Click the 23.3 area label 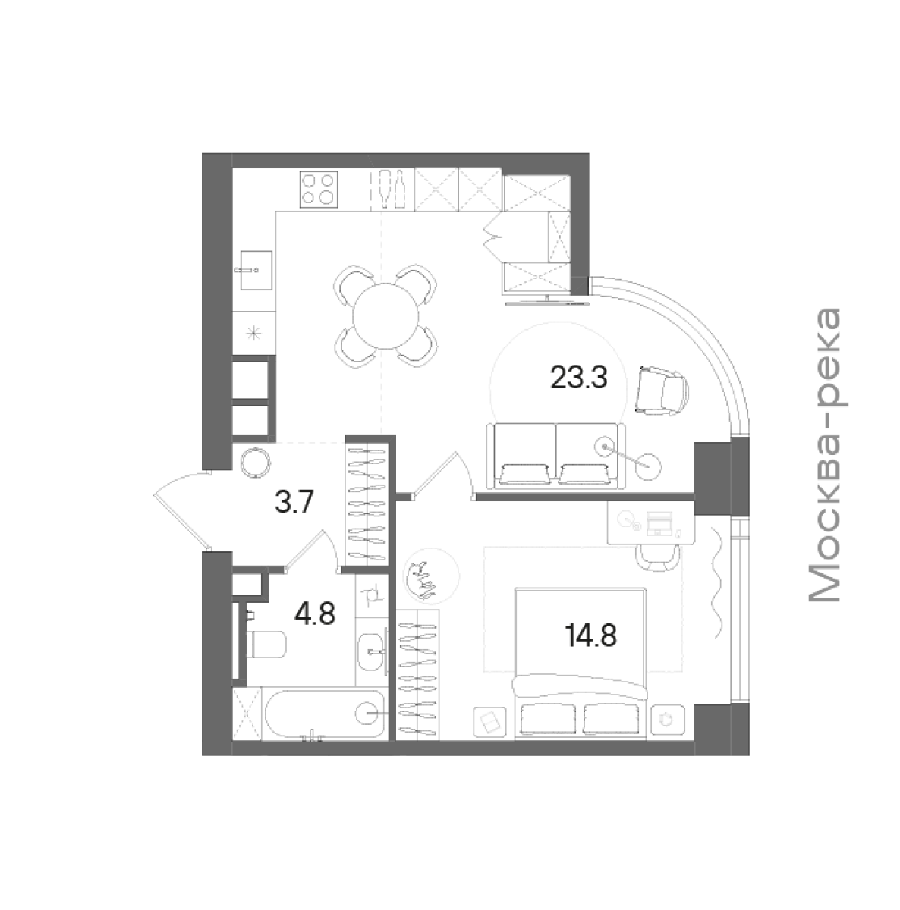tap(578, 378)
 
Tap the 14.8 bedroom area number tap(591, 635)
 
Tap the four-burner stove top tap(319, 188)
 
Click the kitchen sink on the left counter tap(253, 271)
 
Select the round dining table tap(385, 316)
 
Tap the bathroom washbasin tap(372, 650)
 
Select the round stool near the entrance tap(255, 462)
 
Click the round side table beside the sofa tap(648, 466)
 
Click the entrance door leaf tap(182, 521)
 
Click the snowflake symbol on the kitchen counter tap(253, 331)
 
